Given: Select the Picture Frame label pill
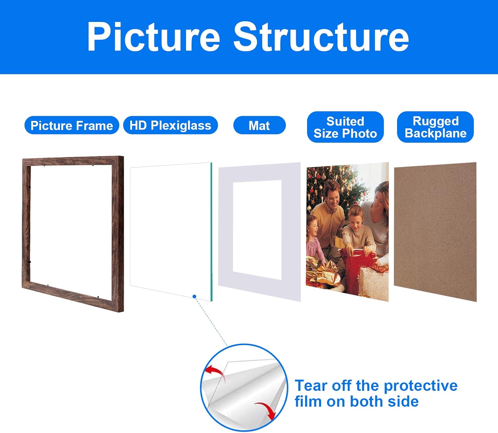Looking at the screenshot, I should (72, 126).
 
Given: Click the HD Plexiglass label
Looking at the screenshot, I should (170, 126).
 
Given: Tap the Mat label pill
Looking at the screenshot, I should (259, 126).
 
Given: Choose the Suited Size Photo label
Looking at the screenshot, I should (345, 127).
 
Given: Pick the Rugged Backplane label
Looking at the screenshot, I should (435, 127).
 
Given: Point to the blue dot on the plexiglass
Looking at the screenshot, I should (194, 297).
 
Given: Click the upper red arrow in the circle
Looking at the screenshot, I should (214, 372).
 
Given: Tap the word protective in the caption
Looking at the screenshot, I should (420, 386).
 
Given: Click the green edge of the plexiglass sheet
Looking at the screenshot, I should (211, 232).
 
